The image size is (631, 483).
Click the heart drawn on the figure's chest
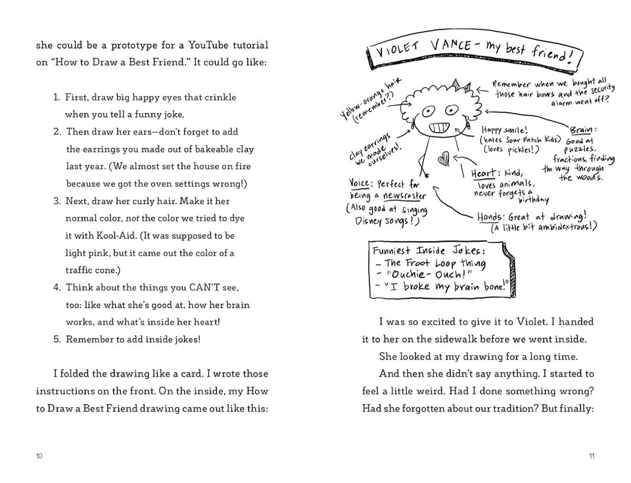(444, 158)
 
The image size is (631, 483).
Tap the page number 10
(39, 456)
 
